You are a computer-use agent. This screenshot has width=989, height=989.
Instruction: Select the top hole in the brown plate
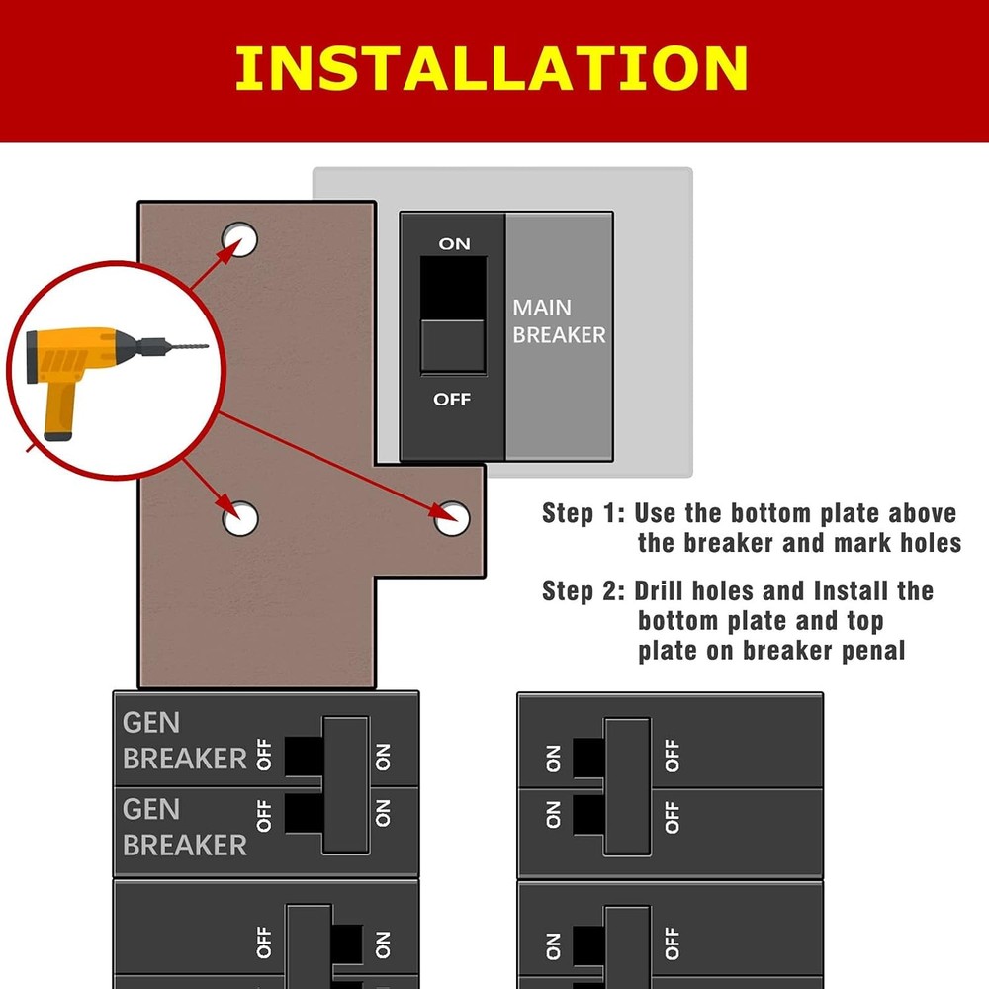click(x=239, y=238)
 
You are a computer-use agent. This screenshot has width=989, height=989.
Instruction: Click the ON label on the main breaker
click(x=455, y=243)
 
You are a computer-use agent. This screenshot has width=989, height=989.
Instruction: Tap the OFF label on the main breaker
click(x=452, y=400)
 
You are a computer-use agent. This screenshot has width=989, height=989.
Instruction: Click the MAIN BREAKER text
click(x=559, y=321)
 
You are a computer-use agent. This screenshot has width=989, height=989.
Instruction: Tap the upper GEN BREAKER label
click(x=184, y=741)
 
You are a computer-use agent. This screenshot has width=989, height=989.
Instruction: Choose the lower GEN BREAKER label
click(x=184, y=828)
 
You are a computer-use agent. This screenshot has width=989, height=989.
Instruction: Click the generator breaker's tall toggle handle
click(x=346, y=784)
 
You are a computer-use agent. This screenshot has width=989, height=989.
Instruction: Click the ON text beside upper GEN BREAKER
click(x=383, y=757)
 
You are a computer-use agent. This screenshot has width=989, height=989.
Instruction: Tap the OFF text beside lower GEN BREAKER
click(x=264, y=814)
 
